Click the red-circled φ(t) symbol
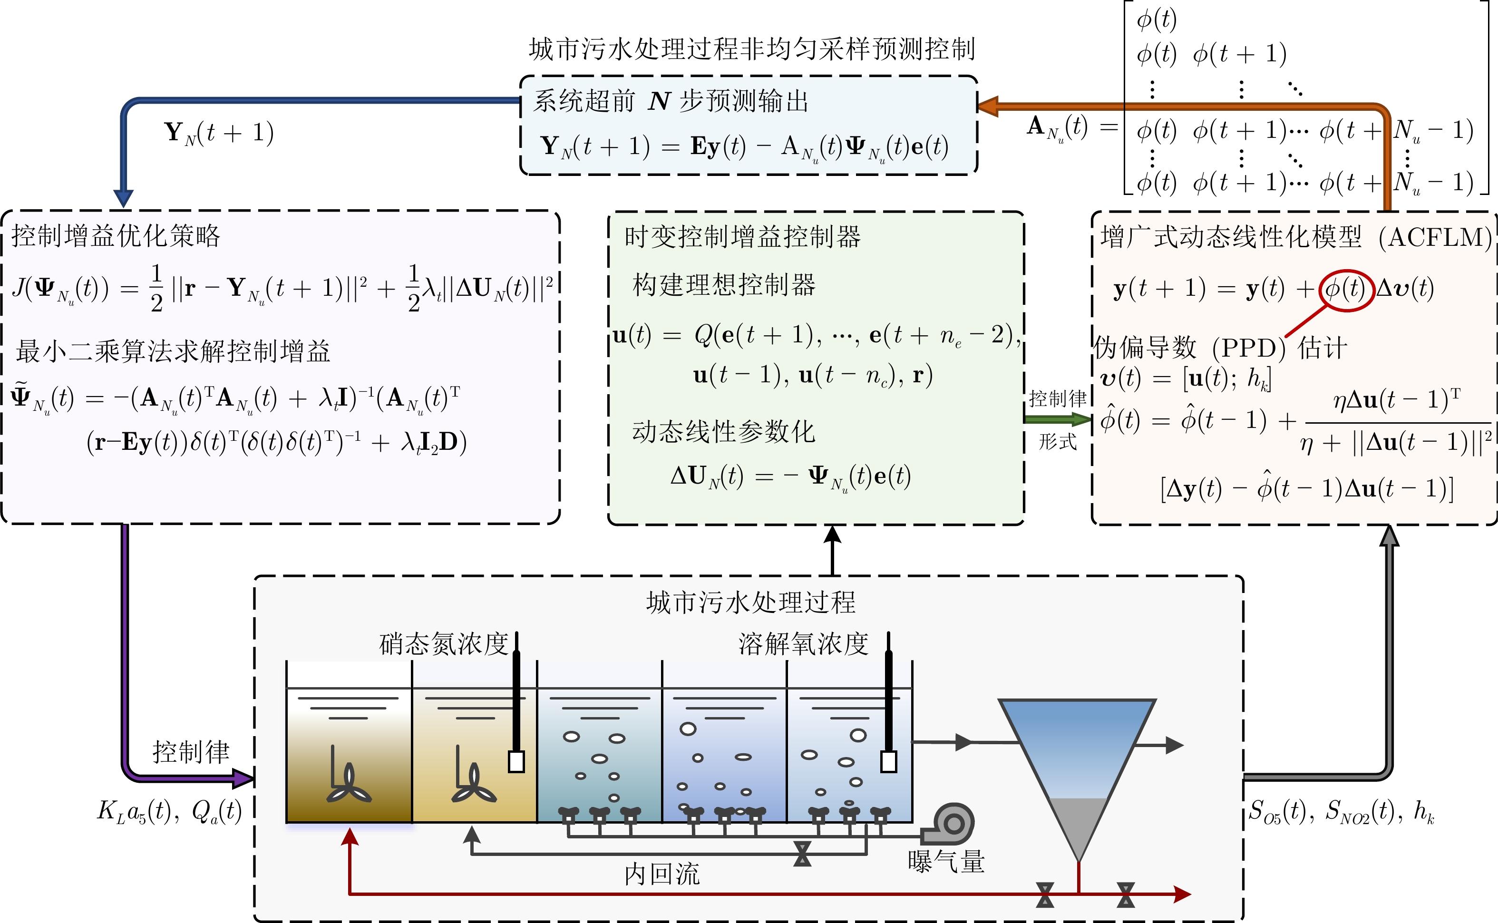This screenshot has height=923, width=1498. click(1345, 289)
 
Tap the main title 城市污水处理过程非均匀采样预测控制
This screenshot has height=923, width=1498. click(752, 49)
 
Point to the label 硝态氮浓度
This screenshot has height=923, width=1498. click(444, 643)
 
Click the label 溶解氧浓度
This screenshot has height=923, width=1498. click(803, 643)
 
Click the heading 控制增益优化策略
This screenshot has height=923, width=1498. click(116, 236)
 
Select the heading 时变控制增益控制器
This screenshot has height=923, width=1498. click(742, 237)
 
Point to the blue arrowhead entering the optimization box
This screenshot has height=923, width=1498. click(123, 198)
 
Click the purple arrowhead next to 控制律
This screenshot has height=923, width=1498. click(243, 778)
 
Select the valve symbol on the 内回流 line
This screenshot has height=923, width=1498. click(802, 854)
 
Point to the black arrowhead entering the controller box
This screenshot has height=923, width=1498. click(833, 535)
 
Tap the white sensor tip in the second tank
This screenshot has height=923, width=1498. click(516, 762)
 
